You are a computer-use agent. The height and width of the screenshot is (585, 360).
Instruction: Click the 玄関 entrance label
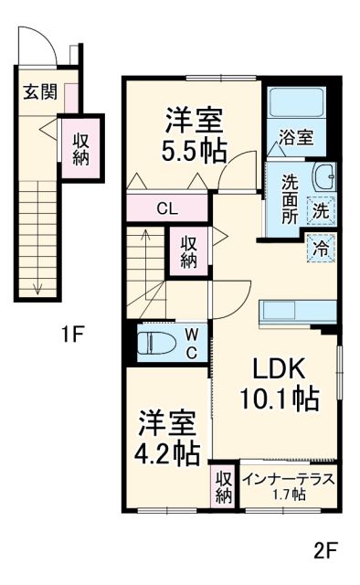[x=39, y=91]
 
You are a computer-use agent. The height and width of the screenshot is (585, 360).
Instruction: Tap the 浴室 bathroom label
[x=296, y=138]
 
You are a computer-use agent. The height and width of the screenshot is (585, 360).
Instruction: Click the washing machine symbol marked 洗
[x=321, y=208]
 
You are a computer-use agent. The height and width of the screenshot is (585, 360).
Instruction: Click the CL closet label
[x=166, y=207]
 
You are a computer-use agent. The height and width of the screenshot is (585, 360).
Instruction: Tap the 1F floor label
[x=72, y=334]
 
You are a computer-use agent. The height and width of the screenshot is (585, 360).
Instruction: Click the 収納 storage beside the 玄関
[x=81, y=149]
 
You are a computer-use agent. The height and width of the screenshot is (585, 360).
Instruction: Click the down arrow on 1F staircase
[x=38, y=287]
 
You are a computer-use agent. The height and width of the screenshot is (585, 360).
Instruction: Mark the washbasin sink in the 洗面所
[x=323, y=176]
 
